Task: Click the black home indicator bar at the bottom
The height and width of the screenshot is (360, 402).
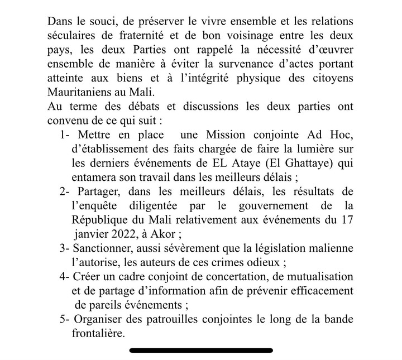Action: (x=201, y=351)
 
